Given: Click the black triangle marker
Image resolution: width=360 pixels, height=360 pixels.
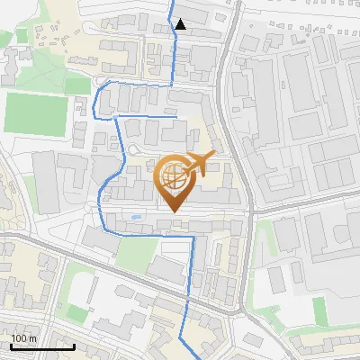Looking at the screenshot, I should tap(181, 24).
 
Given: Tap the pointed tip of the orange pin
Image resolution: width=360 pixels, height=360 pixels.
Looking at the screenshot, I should tap(174, 211).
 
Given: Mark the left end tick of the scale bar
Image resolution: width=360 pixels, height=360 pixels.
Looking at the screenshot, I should tap(11, 346).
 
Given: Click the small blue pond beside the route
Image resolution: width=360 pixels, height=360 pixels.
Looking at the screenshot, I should tap(135, 217).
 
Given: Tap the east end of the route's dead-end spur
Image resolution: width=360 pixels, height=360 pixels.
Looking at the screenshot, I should tap(177, 115).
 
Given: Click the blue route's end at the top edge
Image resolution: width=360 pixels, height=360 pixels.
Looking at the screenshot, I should tap(174, 2).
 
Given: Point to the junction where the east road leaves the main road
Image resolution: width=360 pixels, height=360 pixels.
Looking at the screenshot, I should tap(253, 213).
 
